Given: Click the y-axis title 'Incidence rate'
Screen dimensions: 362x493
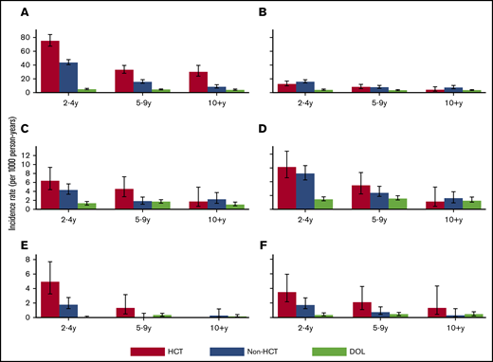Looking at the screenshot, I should point(9,180).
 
